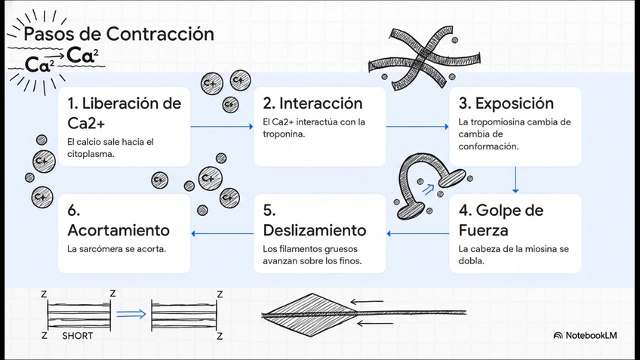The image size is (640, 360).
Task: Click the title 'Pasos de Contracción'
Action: (x=118, y=34)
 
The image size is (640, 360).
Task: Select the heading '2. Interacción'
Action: (x=312, y=103)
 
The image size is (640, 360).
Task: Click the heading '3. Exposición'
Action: (x=506, y=103)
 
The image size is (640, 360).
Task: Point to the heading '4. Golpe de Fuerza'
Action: (x=500, y=220)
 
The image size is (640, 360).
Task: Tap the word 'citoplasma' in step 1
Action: (x=91, y=154)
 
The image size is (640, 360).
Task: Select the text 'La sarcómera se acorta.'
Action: (x=116, y=248)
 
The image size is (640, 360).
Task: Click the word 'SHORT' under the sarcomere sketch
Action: (x=78, y=335)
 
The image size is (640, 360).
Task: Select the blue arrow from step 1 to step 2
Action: (x=223, y=126)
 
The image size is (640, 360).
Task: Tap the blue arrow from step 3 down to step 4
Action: (x=515, y=180)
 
